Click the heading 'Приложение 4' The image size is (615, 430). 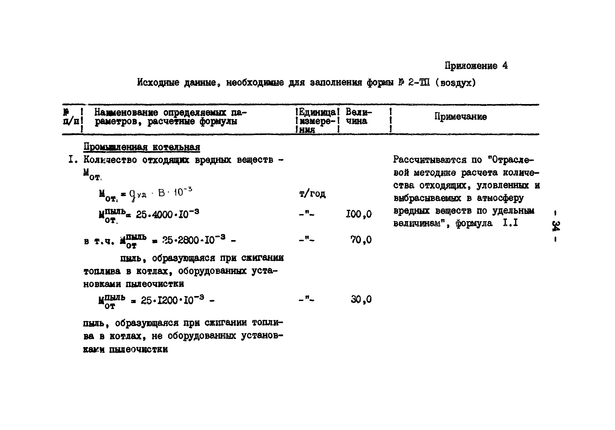pyautogui.click(x=476, y=66)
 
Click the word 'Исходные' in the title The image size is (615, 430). pyautogui.click(x=158, y=82)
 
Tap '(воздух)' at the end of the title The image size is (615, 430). pyautogui.click(x=455, y=83)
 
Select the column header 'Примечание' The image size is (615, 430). pyautogui.click(x=460, y=117)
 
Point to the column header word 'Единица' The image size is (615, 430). pyautogui.click(x=318, y=112)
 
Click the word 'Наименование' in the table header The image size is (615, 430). pyautogui.click(x=126, y=112)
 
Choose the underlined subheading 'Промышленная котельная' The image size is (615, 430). pyautogui.click(x=142, y=147)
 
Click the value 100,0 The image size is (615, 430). pyautogui.click(x=359, y=214)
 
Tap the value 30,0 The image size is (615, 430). pyautogui.click(x=361, y=299)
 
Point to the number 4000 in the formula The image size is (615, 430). pyautogui.click(x=162, y=215)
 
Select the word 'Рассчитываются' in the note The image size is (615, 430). pyautogui.click(x=430, y=160)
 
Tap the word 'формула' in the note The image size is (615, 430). pyautogui.click(x=474, y=223)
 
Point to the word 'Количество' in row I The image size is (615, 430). pyautogui.click(x=110, y=160)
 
